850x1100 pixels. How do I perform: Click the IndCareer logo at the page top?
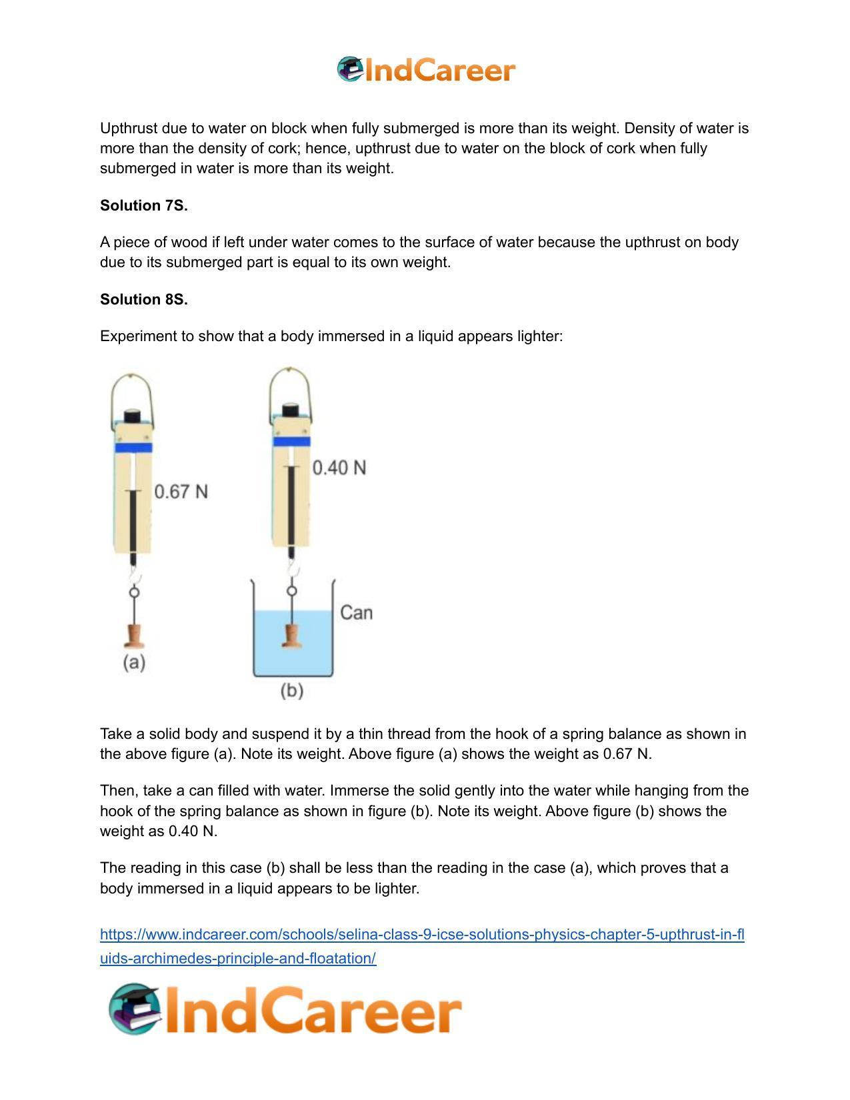(x=425, y=70)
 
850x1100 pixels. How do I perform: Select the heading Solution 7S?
(x=144, y=206)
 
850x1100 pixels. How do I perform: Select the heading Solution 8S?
(x=144, y=300)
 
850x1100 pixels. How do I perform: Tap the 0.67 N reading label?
(x=181, y=492)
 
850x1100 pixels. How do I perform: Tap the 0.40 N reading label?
(x=339, y=468)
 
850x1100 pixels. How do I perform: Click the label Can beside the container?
(x=356, y=612)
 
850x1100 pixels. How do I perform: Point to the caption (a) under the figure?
(x=134, y=662)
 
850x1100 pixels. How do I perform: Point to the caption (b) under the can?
(x=292, y=690)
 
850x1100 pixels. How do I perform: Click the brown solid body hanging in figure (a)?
(x=134, y=636)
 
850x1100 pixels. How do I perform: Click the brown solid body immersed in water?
(x=291, y=635)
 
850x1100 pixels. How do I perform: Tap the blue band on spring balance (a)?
(x=133, y=448)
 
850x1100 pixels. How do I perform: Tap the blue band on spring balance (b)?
(x=291, y=441)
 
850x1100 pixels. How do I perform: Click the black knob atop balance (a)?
(x=133, y=416)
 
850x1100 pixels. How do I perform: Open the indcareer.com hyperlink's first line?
(x=422, y=935)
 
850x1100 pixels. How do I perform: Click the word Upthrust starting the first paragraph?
(x=127, y=128)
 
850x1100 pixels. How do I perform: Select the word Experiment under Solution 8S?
(x=137, y=336)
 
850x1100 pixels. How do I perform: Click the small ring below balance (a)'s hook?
(x=134, y=592)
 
